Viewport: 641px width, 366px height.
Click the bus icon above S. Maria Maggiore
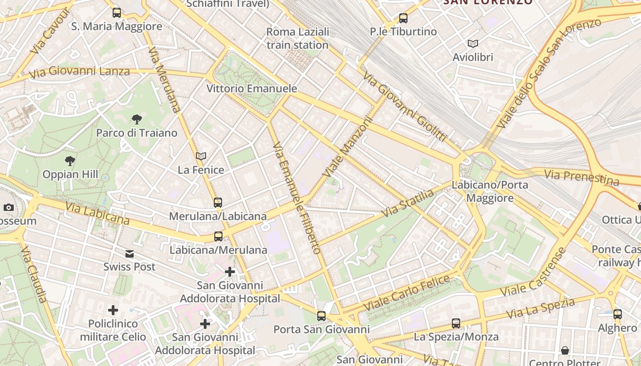tap(117, 12)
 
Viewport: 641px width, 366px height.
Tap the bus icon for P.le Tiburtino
tap(403, 18)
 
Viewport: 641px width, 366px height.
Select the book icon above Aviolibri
tap(473, 43)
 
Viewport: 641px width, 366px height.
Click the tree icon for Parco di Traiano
tap(136, 119)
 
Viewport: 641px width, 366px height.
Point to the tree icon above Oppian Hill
tap(70, 161)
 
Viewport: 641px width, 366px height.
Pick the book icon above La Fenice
tap(201, 156)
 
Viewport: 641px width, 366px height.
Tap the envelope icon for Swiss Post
tap(130, 253)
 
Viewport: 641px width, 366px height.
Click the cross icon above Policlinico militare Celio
tap(113, 310)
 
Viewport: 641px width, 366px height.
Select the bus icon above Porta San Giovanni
tap(321, 316)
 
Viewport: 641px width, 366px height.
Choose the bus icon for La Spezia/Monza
tap(456, 323)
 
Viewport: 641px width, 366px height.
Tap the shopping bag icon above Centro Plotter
tap(565, 350)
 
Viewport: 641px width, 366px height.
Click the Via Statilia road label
tap(407, 204)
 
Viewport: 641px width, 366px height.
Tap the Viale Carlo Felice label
tap(407, 293)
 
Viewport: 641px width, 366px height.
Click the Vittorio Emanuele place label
tap(252, 88)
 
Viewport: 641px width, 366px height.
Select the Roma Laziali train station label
tap(298, 38)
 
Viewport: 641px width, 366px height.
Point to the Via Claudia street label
tap(34, 274)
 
